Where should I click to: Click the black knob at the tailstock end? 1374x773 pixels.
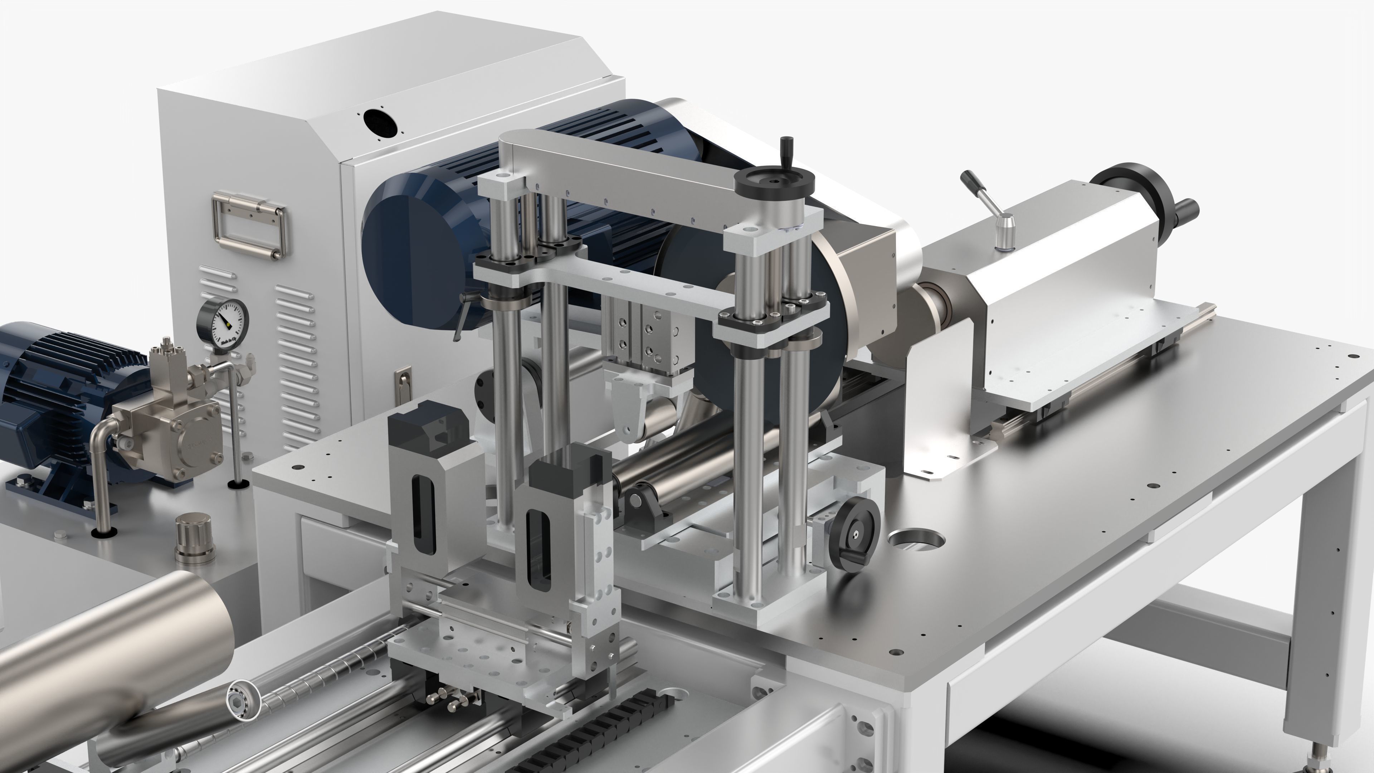1187,209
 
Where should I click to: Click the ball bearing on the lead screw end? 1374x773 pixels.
243,697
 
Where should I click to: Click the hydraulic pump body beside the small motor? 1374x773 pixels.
176,432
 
